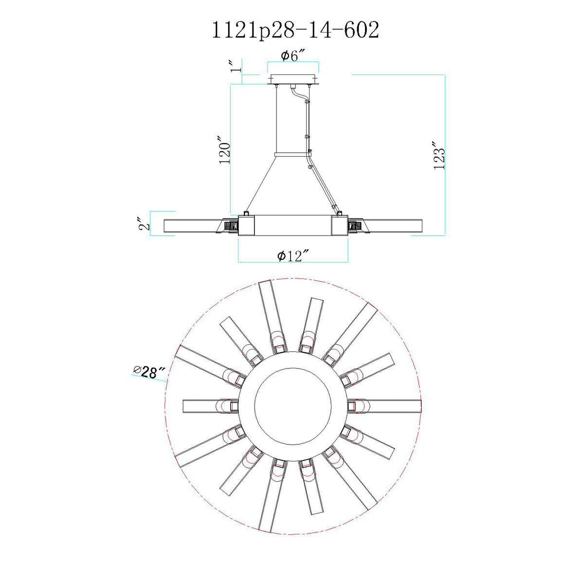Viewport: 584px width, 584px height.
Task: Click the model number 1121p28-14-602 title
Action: point(295,30)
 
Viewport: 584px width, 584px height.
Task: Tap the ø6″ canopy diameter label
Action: point(292,56)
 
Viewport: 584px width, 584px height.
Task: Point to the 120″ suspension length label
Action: point(225,150)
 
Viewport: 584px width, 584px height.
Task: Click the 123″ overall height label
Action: point(439,160)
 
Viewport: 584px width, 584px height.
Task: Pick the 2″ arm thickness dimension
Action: point(144,223)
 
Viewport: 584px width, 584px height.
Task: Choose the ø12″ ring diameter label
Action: point(293,256)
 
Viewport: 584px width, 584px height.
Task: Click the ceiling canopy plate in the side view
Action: point(293,79)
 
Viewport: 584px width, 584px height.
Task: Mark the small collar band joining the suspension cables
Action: point(293,155)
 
